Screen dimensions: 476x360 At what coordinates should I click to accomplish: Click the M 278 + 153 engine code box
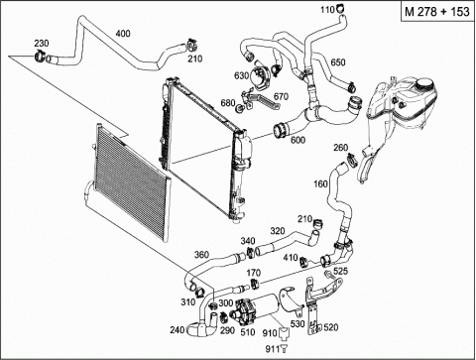point(438,12)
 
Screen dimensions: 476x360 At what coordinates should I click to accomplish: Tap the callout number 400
point(123,34)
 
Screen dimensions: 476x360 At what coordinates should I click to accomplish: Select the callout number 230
point(42,44)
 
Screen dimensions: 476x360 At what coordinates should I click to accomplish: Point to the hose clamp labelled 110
point(340,7)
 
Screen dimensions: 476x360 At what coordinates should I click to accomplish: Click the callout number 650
point(338,62)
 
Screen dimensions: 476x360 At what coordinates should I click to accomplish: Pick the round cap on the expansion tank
point(427,84)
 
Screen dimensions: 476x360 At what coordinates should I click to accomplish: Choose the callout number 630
point(241,75)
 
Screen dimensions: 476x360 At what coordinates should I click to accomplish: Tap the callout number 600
point(297,140)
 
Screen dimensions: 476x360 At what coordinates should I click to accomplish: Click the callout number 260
point(341,147)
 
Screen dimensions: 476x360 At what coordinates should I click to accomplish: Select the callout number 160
point(320,183)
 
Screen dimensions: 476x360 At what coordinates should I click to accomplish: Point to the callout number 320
point(278,231)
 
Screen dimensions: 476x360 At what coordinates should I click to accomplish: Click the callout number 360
point(201,255)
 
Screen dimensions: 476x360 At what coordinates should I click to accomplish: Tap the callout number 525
point(340,271)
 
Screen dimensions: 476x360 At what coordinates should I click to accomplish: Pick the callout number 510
point(248,332)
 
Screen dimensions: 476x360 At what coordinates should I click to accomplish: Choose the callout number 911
point(273,349)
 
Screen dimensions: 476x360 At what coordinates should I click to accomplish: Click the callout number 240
point(178,329)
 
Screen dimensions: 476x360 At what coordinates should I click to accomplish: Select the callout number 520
point(331,327)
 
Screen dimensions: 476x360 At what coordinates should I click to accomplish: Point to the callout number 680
point(228,103)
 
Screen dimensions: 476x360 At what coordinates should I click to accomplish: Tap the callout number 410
point(291,257)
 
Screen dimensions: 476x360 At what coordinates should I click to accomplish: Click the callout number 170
point(254,273)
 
